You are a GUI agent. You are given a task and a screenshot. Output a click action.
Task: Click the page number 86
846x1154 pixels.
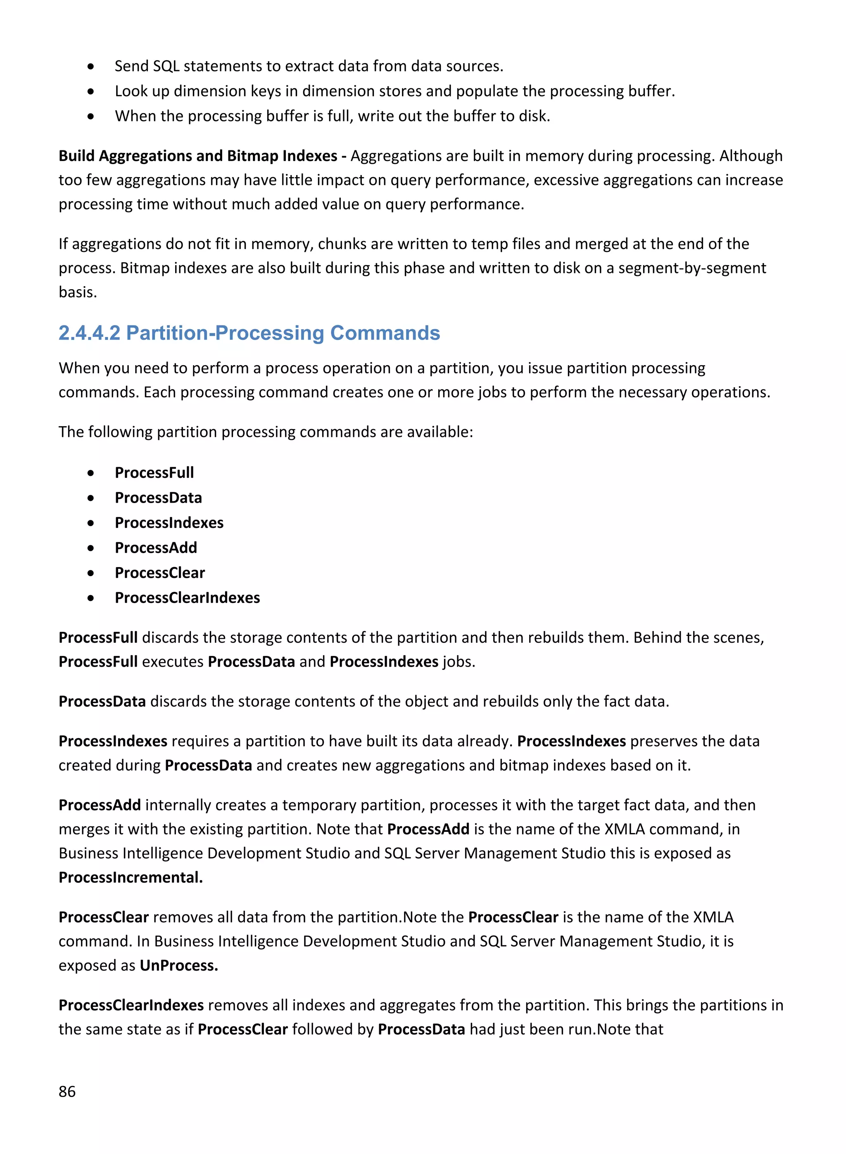tap(67, 1091)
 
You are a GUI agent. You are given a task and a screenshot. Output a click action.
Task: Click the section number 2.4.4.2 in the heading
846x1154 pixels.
tap(89, 333)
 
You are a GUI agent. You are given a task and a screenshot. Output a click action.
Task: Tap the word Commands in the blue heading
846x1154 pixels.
tap(385, 333)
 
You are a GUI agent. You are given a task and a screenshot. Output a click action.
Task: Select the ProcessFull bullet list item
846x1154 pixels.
tap(154, 473)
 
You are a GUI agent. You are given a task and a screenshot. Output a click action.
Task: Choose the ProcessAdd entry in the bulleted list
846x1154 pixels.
tap(156, 547)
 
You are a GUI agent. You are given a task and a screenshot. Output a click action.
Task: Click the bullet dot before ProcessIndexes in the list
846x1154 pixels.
tap(90, 523)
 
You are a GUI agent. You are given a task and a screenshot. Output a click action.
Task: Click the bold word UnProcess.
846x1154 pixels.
tap(179, 965)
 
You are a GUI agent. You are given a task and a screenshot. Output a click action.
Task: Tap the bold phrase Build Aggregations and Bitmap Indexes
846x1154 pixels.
tap(198, 156)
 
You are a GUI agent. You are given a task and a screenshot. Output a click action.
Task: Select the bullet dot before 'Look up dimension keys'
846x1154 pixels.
tap(90, 91)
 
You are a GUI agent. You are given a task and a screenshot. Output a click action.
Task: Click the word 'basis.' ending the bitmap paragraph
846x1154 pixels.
tap(77, 292)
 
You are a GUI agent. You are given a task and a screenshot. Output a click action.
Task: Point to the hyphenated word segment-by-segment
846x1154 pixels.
tap(692, 268)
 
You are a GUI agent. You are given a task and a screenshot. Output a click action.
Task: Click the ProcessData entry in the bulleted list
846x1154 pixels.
tap(158, 498)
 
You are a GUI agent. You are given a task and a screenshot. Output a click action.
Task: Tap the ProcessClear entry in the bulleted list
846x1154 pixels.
tap(160, 572)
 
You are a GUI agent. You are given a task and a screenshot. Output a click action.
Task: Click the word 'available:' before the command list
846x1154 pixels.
tap(440, 432)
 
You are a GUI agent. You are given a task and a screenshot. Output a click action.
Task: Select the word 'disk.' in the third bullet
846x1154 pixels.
tap(535, 116)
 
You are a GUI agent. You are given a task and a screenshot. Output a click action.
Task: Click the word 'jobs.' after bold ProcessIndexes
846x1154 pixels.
tap(459, 662)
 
